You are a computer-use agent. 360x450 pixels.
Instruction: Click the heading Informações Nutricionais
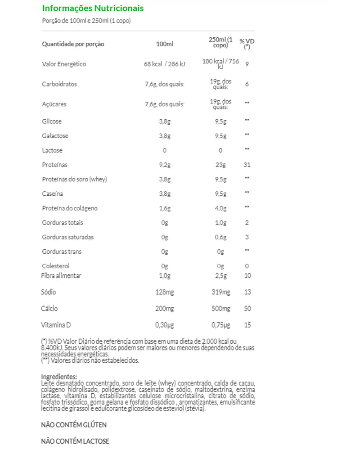pos(93,8)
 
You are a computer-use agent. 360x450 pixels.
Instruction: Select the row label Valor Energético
pos(64,64)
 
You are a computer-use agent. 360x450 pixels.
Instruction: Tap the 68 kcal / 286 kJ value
pos(164,64)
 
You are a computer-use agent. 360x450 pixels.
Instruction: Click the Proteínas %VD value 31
pos(247,165)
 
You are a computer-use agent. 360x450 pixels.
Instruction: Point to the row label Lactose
pos(52,150)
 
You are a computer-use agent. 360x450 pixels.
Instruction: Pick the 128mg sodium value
pos(164,292)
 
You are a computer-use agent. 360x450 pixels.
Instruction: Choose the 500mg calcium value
pos(220,309)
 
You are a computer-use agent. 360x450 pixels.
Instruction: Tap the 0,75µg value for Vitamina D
pos(220,325)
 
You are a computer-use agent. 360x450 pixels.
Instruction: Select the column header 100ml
pos(164,44)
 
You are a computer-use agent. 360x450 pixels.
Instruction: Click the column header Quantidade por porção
pos(73,44)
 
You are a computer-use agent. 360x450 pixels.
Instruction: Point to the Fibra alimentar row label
pos(62,275)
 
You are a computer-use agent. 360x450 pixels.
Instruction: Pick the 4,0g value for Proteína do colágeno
pos(220,208)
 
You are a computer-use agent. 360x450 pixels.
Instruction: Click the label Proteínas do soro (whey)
pos(74,179)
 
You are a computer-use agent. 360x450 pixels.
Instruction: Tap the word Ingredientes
pos(59,377)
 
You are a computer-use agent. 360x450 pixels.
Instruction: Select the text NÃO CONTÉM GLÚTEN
pos(74,425)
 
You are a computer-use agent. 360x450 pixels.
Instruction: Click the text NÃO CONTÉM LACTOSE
pos(75,441)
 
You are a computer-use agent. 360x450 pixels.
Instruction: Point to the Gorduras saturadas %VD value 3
pos(247,237)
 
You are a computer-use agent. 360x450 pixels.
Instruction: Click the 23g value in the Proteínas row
pos(220,165)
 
